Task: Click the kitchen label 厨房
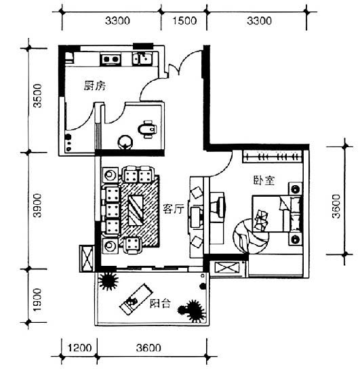click(95, 85)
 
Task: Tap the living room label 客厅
click(174, 209)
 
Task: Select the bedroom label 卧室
click(264, 180)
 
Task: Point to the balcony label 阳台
click(160, 304)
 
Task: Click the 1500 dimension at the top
click(184, 21)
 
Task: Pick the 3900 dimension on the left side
click(37, 205)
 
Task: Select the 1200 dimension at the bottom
click(79, 348)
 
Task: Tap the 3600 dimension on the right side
click(336, 206)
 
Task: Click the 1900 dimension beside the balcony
click(37, 300)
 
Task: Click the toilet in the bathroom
click(147, 129)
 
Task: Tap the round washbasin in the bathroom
click(125, 142)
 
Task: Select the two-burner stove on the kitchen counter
click(111, 59)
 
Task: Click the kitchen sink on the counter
click(141, 58)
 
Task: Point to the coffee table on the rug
click(136, 210)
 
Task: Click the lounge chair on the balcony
click(136, 299)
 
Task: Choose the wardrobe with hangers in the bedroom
click(273, 157)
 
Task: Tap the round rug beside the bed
click(249, 236)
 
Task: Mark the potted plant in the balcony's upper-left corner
click(108, 281)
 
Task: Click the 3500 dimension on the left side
click(37, 96)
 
